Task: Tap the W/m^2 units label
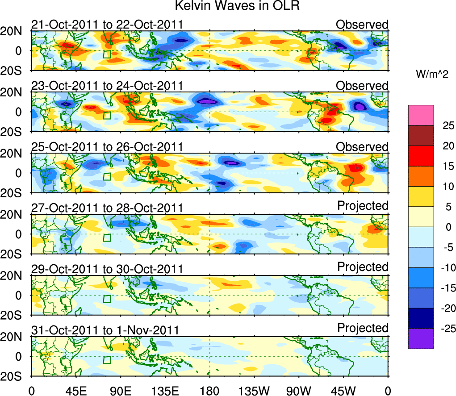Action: (x=432, y=75)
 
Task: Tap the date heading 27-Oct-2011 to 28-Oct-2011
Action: (x=107, y=208)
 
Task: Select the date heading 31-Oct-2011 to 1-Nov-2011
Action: (x=105, y=330)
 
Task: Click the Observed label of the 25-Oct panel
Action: (x=362, y=147)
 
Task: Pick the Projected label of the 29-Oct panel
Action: (x=363, y=267)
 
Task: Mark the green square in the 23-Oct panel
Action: (x=107, y=115)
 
